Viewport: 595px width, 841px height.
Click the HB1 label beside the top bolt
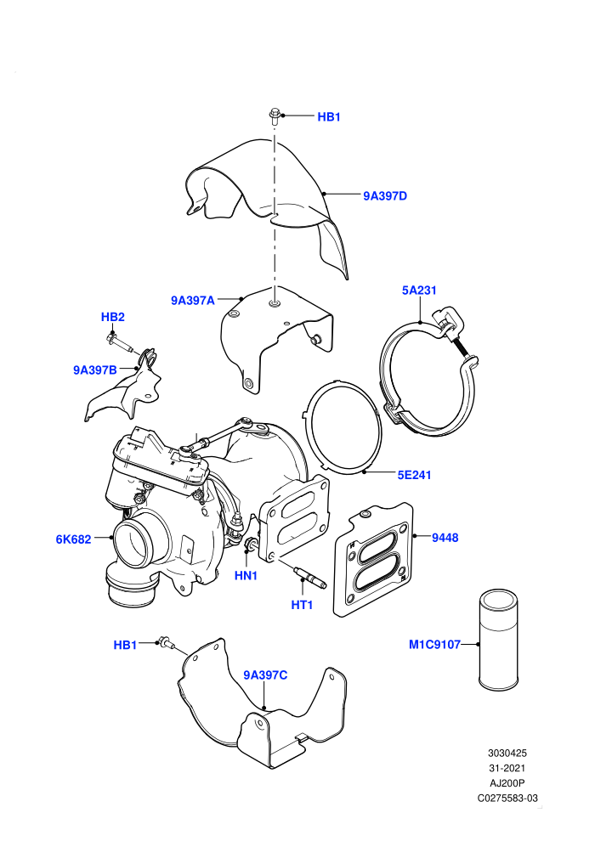coord(329,117)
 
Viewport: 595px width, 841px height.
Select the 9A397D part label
coord(385,195)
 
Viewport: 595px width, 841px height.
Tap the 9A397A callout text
coord(193,301)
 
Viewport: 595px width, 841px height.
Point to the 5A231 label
coord(419,291)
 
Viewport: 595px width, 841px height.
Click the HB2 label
coord(113,317)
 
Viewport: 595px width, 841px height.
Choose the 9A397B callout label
coord(95,370)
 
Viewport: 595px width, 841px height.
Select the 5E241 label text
coord(414,475)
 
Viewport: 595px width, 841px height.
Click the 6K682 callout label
coord(73,539)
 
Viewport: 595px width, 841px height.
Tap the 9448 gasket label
coord(445,538)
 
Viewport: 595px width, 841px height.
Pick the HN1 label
coord(246,576)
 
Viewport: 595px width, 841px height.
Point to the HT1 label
coord(302,605)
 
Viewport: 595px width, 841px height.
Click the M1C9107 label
coord(434,644)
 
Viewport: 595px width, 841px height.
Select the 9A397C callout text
coord(265,675)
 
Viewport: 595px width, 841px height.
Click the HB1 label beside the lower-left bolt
coord(125,645)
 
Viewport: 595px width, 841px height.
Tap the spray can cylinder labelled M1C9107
coord(498,639)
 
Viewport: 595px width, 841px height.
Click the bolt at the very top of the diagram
coord(275,117)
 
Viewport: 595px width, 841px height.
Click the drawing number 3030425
coord(507,753)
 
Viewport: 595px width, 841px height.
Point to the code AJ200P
coord(507,783)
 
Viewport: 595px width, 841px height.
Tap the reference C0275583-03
coord(507,798)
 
